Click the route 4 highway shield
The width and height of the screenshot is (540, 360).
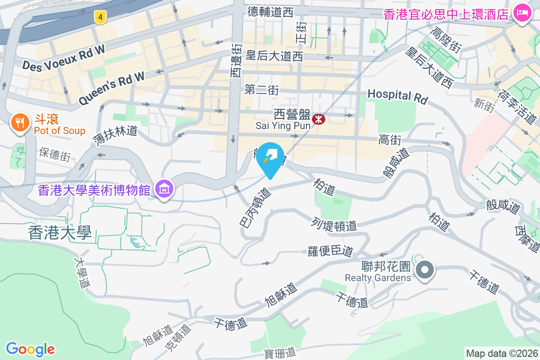[x=100, y=18]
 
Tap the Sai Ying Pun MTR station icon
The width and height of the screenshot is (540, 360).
[x=319, y=119]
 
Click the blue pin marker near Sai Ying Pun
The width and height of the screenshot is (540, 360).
[x=270, y=158]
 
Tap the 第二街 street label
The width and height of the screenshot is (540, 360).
[x=261, y=90]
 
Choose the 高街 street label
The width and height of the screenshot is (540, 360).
[x=390, y=140]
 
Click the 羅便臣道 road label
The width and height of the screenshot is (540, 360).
[x=331, y=251]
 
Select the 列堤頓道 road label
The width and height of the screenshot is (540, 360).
[x=334, y=224]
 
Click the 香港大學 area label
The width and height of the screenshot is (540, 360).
[x=60, y=233]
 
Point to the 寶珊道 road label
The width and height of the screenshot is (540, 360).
[x=279, y=352]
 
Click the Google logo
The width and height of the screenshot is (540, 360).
[x=30, y=349]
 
